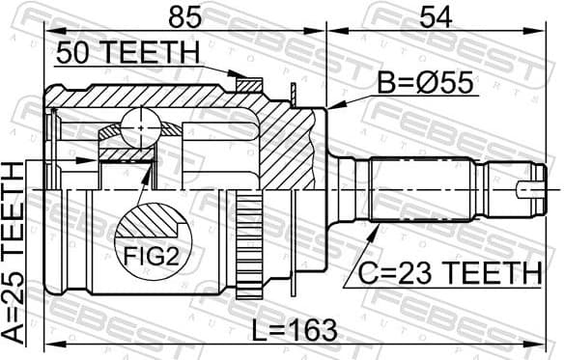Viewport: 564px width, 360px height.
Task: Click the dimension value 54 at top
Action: (436, 18)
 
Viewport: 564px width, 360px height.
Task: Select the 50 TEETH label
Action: (127, 54)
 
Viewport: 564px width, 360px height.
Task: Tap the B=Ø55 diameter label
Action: (422, 84)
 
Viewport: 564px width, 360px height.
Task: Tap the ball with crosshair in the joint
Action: (142, 125)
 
